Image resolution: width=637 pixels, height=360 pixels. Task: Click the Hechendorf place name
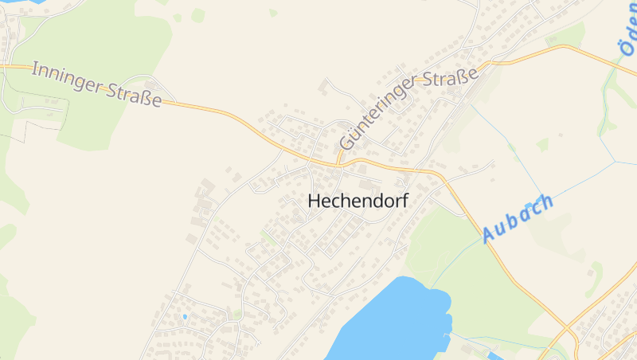[358, 202]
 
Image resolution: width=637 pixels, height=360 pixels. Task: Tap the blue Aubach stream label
[517, 217]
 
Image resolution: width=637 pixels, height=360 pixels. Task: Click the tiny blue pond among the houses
[185, 317]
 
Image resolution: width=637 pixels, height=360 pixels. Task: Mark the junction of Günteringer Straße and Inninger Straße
[338, 162]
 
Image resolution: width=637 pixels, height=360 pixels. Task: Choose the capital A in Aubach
[488, 235]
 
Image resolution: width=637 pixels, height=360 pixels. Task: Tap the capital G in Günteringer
[346, 144]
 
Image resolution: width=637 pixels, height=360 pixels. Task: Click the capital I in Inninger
[35, 69]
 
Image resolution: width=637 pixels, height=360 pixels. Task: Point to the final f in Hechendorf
[404, 202]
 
